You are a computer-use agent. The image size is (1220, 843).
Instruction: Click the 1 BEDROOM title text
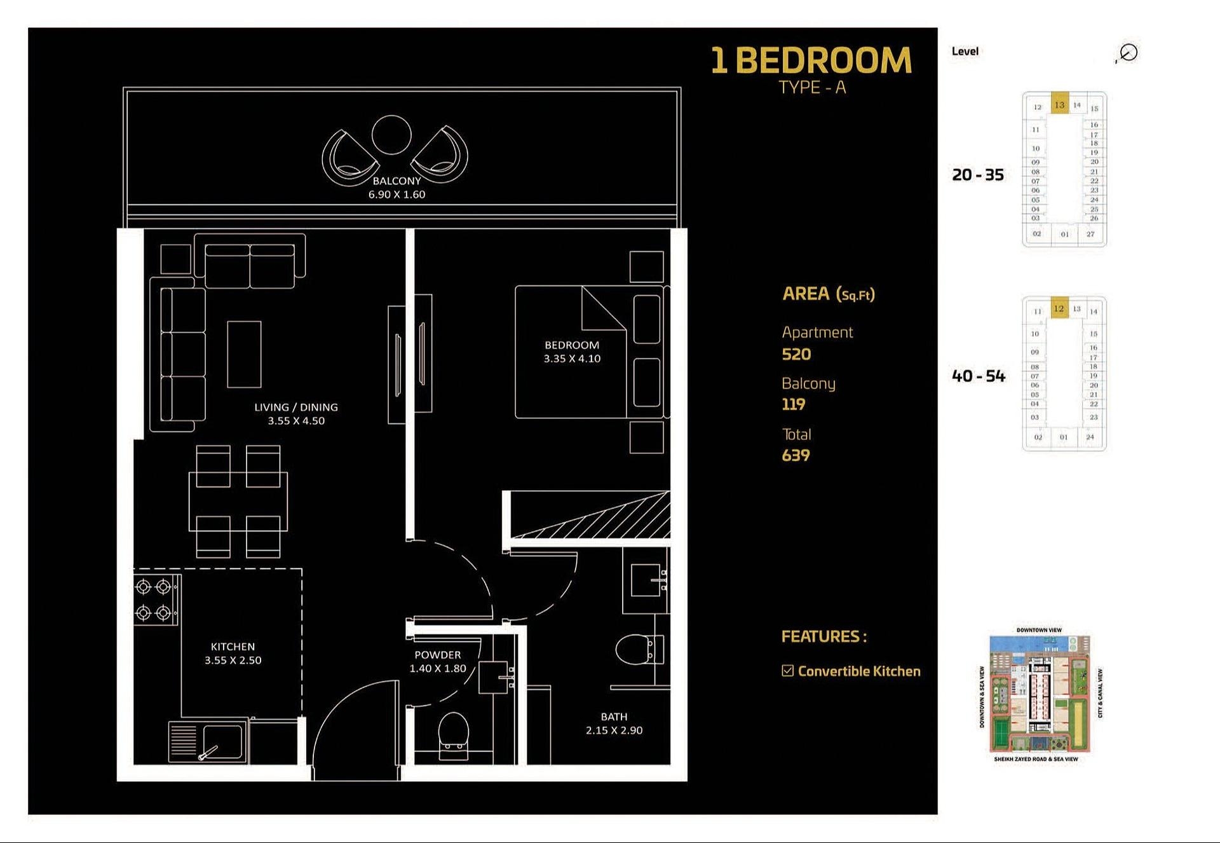pyautogui.click(x=811, y=61)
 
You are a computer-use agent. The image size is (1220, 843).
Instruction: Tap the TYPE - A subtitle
pyautogui.click(x=812, y=88)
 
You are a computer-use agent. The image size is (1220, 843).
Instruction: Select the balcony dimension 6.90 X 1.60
pyautogui.click(x=396, y=195)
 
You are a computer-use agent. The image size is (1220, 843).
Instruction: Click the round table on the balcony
pyautogui.click(x=391, y=135)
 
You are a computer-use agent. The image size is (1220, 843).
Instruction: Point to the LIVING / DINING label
pyautogui.click(x=296, y=407)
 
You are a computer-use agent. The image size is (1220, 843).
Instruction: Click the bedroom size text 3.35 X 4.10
pyautogui.click(x=572, y=359)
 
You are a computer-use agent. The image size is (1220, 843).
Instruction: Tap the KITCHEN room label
pyautogui.click(x=233, y=647)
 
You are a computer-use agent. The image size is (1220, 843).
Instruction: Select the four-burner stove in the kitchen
pyautogui.click(x=154, y=600)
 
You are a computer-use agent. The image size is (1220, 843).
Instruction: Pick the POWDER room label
pyautogui.click(x=437, y=655)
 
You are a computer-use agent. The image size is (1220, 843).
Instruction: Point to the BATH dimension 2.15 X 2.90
pyautogui.click(x=614, y=730)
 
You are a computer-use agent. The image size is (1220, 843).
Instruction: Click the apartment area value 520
pyautogui.click(x=796, y=354)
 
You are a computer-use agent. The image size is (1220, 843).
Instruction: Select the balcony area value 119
pyautogui.click(x=793, y=404)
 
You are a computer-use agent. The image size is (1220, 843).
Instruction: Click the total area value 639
pyautogui.click(x=796, y=455)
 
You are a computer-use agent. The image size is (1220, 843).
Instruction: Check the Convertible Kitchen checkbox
pyautogui.click(x=788, y=671)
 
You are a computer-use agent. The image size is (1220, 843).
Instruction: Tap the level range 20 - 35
pyautogui.click(x=978, y=175)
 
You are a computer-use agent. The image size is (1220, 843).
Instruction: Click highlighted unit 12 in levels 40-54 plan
pyautogui.click(x=1059, y=308)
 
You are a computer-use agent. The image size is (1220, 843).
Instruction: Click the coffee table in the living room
pyautogui.click(x=244, y=354)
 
